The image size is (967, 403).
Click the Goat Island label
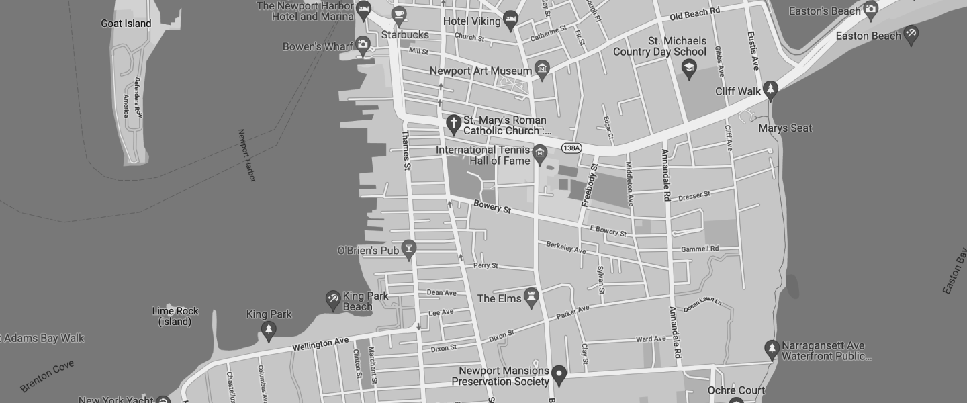(x=126, y=24)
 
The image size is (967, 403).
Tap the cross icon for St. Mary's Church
(x=453, y=124)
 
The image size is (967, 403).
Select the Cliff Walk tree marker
(x=771, y=89)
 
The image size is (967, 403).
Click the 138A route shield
(x=571, y=148)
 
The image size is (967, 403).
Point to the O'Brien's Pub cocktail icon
(x=408, y=249)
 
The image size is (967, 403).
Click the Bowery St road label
(x=492, y=207)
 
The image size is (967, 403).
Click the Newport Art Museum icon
(x=542, y=69)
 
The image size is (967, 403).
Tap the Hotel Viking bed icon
(x=510, y=19)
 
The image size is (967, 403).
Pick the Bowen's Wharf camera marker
(x=363, y=46)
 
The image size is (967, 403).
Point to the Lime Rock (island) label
(x=175, y=316)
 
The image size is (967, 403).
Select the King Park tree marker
(x=269, y=329)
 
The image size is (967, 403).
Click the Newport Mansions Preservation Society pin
(x=559, y=373)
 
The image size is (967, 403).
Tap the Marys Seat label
(x=784, y=128)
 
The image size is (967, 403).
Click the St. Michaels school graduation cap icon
(x=688, y=67)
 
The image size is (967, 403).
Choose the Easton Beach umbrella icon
(x=911, y=34)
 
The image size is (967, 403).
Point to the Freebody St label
(x=589, y=185)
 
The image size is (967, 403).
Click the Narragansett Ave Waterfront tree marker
(x=771, y=349)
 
